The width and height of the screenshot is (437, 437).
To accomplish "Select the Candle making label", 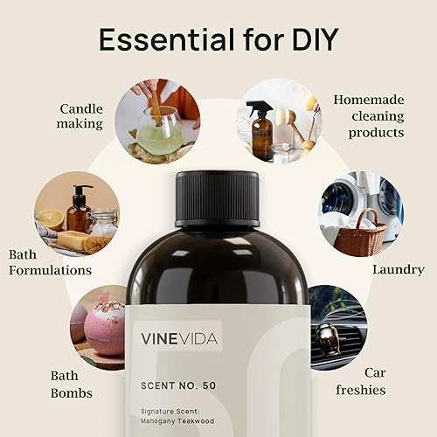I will [81, 116].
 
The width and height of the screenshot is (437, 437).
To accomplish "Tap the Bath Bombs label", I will [71, 385].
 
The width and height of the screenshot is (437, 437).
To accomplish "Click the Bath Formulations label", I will [50, 262].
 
